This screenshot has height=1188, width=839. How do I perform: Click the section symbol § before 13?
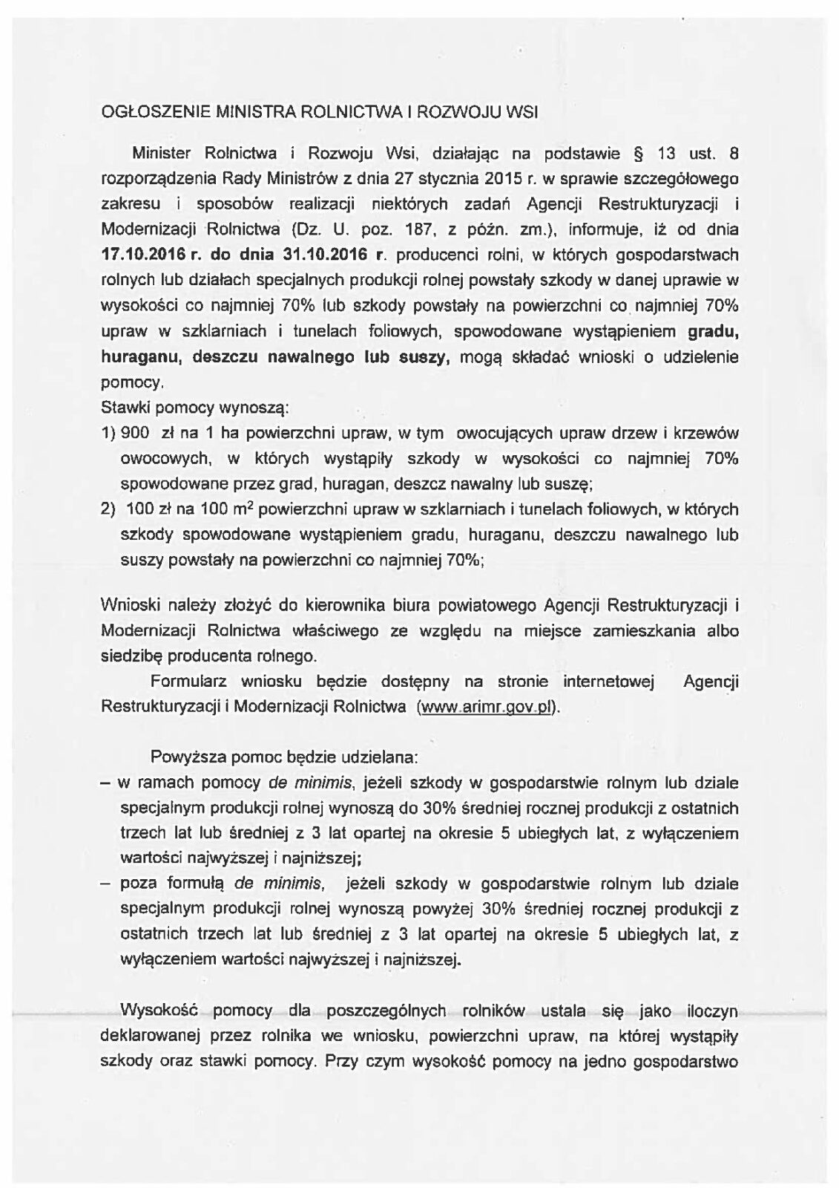[636, 154]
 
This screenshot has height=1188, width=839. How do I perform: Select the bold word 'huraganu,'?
[142, 356]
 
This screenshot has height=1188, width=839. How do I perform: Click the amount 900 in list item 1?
[140, 433]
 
